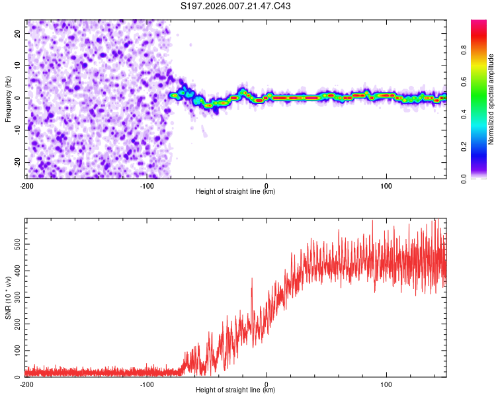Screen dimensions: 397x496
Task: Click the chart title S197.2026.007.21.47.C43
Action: point(235,7)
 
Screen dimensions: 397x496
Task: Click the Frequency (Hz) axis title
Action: point(8,99)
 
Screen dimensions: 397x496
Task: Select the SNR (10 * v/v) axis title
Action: point(8,297)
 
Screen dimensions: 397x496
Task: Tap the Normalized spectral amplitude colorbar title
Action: point(491,99)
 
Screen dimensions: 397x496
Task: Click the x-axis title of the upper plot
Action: point(235,191)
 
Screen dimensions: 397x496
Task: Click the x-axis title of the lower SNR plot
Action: point(235,390)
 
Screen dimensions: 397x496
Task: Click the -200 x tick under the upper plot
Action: point(26,185)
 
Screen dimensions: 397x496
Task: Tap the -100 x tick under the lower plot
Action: point(146,384)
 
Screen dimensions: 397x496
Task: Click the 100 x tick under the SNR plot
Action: point(386,384)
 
